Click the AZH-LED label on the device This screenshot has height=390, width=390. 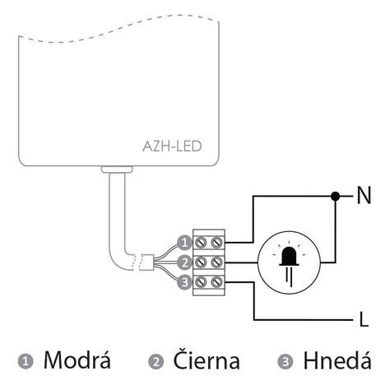(x=172, y=146)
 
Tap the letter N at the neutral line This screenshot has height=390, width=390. (x=364, y=195)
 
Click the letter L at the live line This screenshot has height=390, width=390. (x=364, y=319)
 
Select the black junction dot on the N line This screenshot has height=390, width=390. (x=335, y=196)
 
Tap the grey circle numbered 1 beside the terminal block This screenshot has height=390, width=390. (x=184, y=243)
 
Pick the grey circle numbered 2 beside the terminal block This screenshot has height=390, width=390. (x=184, y=262)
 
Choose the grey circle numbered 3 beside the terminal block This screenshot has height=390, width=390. (x=184, y=281)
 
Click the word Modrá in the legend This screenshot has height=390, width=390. (x=77, y=360)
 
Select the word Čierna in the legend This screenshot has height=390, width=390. (x=207, y=359)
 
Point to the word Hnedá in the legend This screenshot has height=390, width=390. (x=337, y=360)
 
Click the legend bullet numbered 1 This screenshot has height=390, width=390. (x=26, y=361)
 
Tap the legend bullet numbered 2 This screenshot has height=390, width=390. (x=156, y=361)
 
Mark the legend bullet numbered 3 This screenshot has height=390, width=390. (x=286, y=361)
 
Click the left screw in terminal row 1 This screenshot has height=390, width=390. (x=201, y=243)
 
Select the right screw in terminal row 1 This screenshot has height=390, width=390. (x=216, y=243)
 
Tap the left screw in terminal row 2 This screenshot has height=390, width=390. (x=201, y=262)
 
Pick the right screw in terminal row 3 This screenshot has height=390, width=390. (x=216, y=281)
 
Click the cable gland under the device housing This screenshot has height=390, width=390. (x=117, y=169)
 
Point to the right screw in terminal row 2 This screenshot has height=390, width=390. (x=216, y=262)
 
